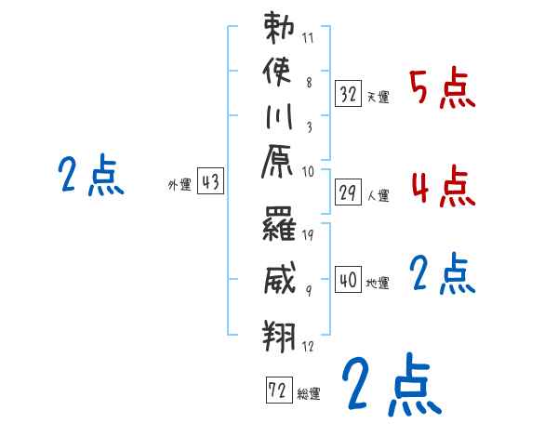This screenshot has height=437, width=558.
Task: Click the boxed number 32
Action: coord(349,92)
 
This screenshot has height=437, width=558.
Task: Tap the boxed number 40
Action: coord(349,280)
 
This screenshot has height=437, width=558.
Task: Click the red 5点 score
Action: coord(444,90)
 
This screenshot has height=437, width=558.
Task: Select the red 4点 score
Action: coord(444,188)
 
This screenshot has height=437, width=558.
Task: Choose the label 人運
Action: coord(378,195)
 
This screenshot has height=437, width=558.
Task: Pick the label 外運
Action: coord(179,185)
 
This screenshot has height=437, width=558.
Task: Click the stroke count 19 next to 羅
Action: coord(308,235)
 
